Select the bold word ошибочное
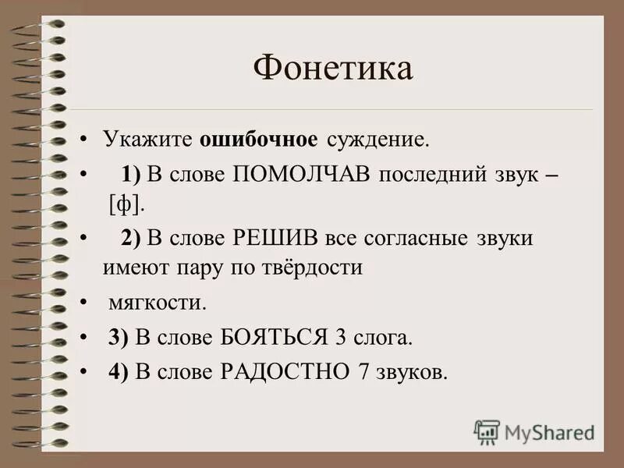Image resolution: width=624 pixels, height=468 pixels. click(x=259, y=140)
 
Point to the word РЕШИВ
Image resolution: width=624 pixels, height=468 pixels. click(x=268, y=238)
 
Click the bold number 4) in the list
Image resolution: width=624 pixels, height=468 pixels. click(x=118, y=371)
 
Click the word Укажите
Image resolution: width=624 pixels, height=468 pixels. click(x=148, y=140)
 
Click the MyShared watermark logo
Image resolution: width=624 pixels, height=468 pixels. click(x=534, y=431)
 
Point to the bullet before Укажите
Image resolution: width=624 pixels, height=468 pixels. click(x=83, y=140)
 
